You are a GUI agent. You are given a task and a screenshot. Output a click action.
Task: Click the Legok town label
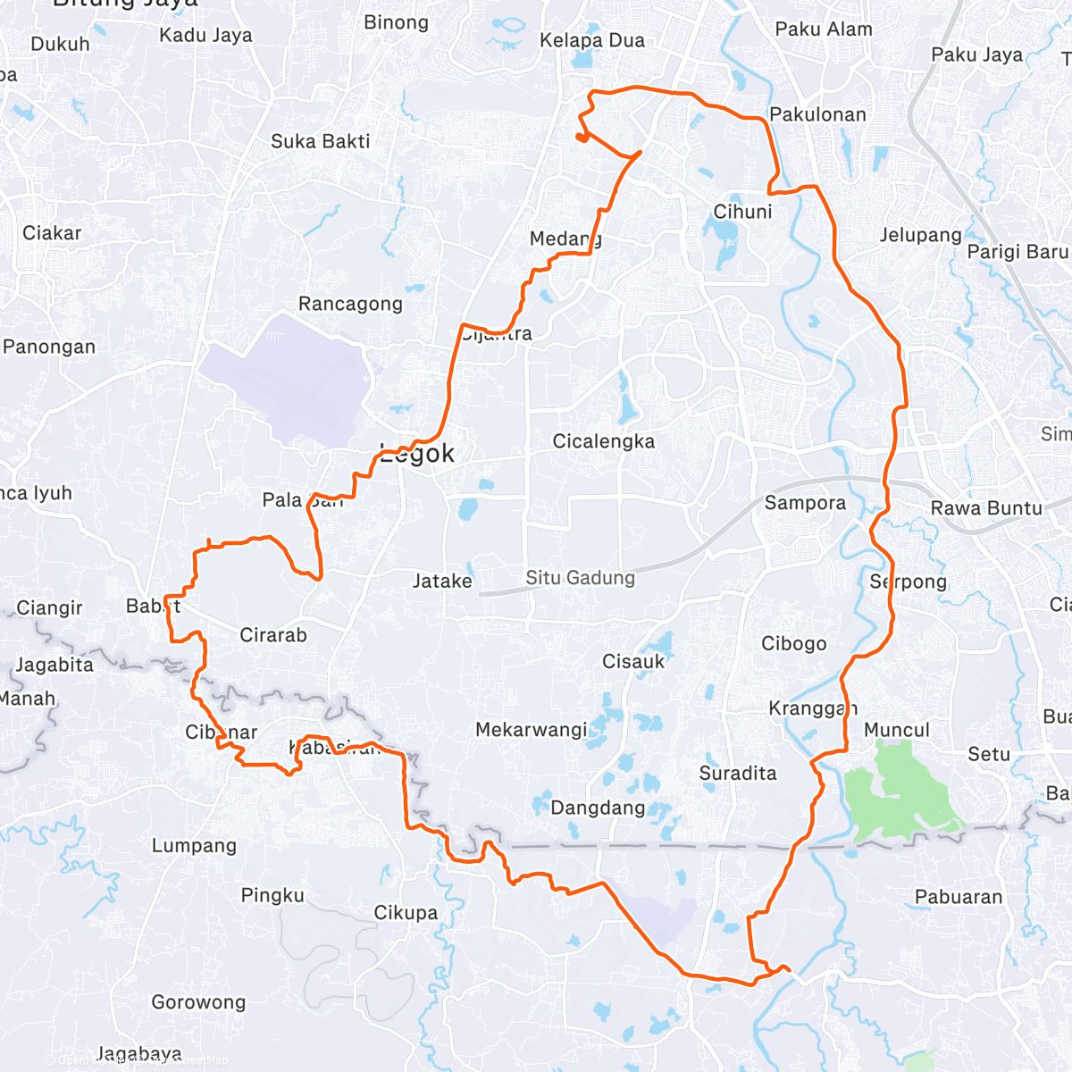coord(417,454)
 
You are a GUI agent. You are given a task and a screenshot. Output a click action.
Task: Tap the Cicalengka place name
coord(603,441)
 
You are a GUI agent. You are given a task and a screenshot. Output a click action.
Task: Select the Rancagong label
coord(350,304)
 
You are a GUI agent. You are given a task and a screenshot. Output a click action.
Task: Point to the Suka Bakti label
coord(320,141)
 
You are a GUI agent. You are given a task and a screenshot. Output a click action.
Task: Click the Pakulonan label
coord(817,114)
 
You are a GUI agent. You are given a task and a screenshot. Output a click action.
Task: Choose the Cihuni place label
coord(742,212)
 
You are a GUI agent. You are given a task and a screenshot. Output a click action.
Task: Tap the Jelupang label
coord(920,235)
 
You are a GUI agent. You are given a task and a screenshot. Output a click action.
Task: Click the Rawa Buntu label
coord(986,508)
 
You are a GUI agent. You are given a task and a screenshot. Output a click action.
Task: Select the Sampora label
coord(805,503)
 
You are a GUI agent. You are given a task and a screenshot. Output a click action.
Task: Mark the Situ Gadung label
coord(580,578)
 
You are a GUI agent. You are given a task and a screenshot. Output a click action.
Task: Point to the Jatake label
coord(442,582)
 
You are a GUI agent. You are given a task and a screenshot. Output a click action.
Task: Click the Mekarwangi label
coord(531,730)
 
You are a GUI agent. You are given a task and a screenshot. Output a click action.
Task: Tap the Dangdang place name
coord(598,808)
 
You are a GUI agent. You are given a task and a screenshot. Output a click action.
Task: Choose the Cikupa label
coord(406,913)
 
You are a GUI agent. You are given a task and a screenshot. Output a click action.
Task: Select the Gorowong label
coord(198,1002)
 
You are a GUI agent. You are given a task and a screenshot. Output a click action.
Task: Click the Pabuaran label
coord(959,897)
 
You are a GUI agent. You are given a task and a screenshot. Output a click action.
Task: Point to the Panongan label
coord(49,347)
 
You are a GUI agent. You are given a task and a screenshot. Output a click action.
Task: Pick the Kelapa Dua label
coord(591,40)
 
